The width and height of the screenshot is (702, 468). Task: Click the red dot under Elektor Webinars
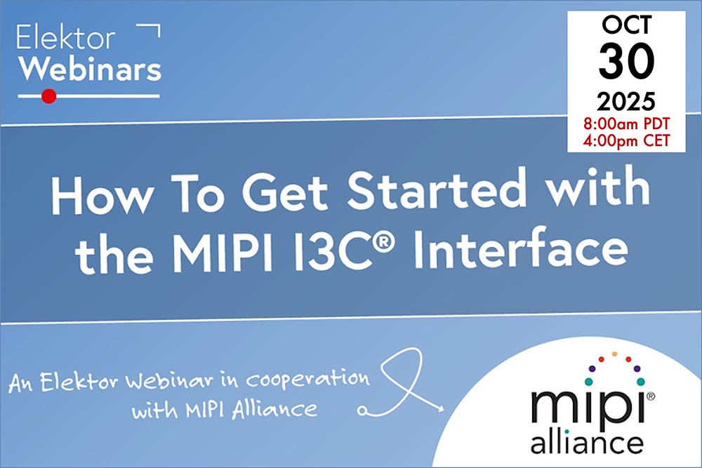[48, 96]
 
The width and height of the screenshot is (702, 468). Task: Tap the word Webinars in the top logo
[90, 68]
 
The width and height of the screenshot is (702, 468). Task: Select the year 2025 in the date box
[626, 103]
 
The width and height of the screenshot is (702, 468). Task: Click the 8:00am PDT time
[626, 124]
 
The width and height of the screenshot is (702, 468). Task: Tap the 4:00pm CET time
[626, 140]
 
